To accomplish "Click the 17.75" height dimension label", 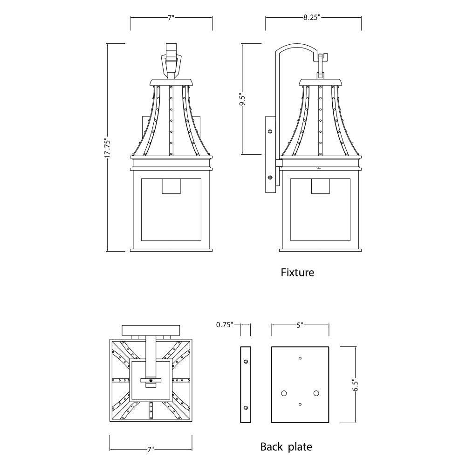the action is tap(108, 147).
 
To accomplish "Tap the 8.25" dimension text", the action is tap(312, 17).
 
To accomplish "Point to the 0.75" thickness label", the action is tap(225, 325).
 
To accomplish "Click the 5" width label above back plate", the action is tap(300, 325).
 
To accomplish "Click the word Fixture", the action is tap(297, 273).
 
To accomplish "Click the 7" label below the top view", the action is tap(151, 450).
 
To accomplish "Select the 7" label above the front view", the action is tap(171, 18).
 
